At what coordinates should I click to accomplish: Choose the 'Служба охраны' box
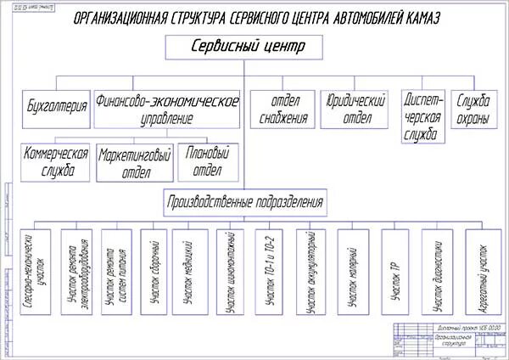473,109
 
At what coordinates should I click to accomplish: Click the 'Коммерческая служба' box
54,161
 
